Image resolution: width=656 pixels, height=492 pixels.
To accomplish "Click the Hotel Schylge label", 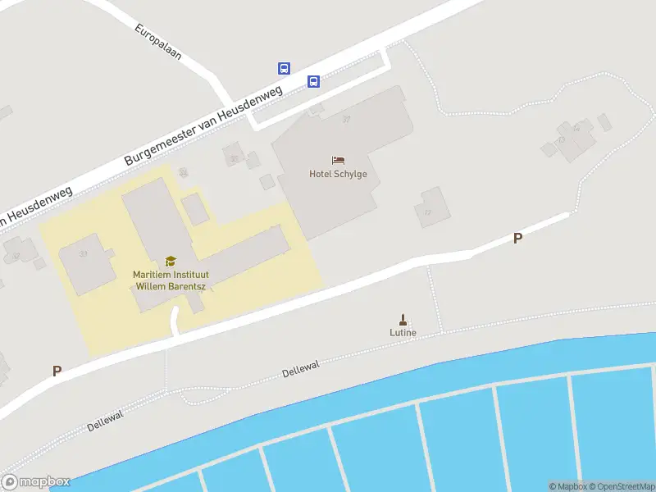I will tap(338, 174).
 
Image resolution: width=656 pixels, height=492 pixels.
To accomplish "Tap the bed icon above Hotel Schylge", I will tap(338, 160).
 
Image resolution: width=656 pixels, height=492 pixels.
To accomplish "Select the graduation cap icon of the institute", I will tap(171, 261).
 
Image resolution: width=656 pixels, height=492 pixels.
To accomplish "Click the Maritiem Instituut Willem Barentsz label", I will tap(170, 280).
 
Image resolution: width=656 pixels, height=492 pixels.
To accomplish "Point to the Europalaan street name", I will tap(157, 42).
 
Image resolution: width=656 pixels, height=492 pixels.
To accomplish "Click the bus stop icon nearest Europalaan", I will tap(284, 68).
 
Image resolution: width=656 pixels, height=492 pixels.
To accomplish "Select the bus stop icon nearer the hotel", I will tap(313, 80).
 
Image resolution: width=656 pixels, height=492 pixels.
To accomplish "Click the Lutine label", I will tap(403, 332).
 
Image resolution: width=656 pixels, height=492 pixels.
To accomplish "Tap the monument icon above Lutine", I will tap(403, 319).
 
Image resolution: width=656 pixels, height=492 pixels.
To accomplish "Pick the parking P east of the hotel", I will tap(517, 239).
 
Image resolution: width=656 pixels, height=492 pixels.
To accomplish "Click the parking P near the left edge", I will tap(57, 371).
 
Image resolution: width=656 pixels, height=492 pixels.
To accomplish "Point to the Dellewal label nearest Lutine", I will tap(299, 371).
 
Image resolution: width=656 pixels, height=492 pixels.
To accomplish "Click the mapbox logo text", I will tap(36, 482).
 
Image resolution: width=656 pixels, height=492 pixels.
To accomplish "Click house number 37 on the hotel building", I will tap(346, 120).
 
